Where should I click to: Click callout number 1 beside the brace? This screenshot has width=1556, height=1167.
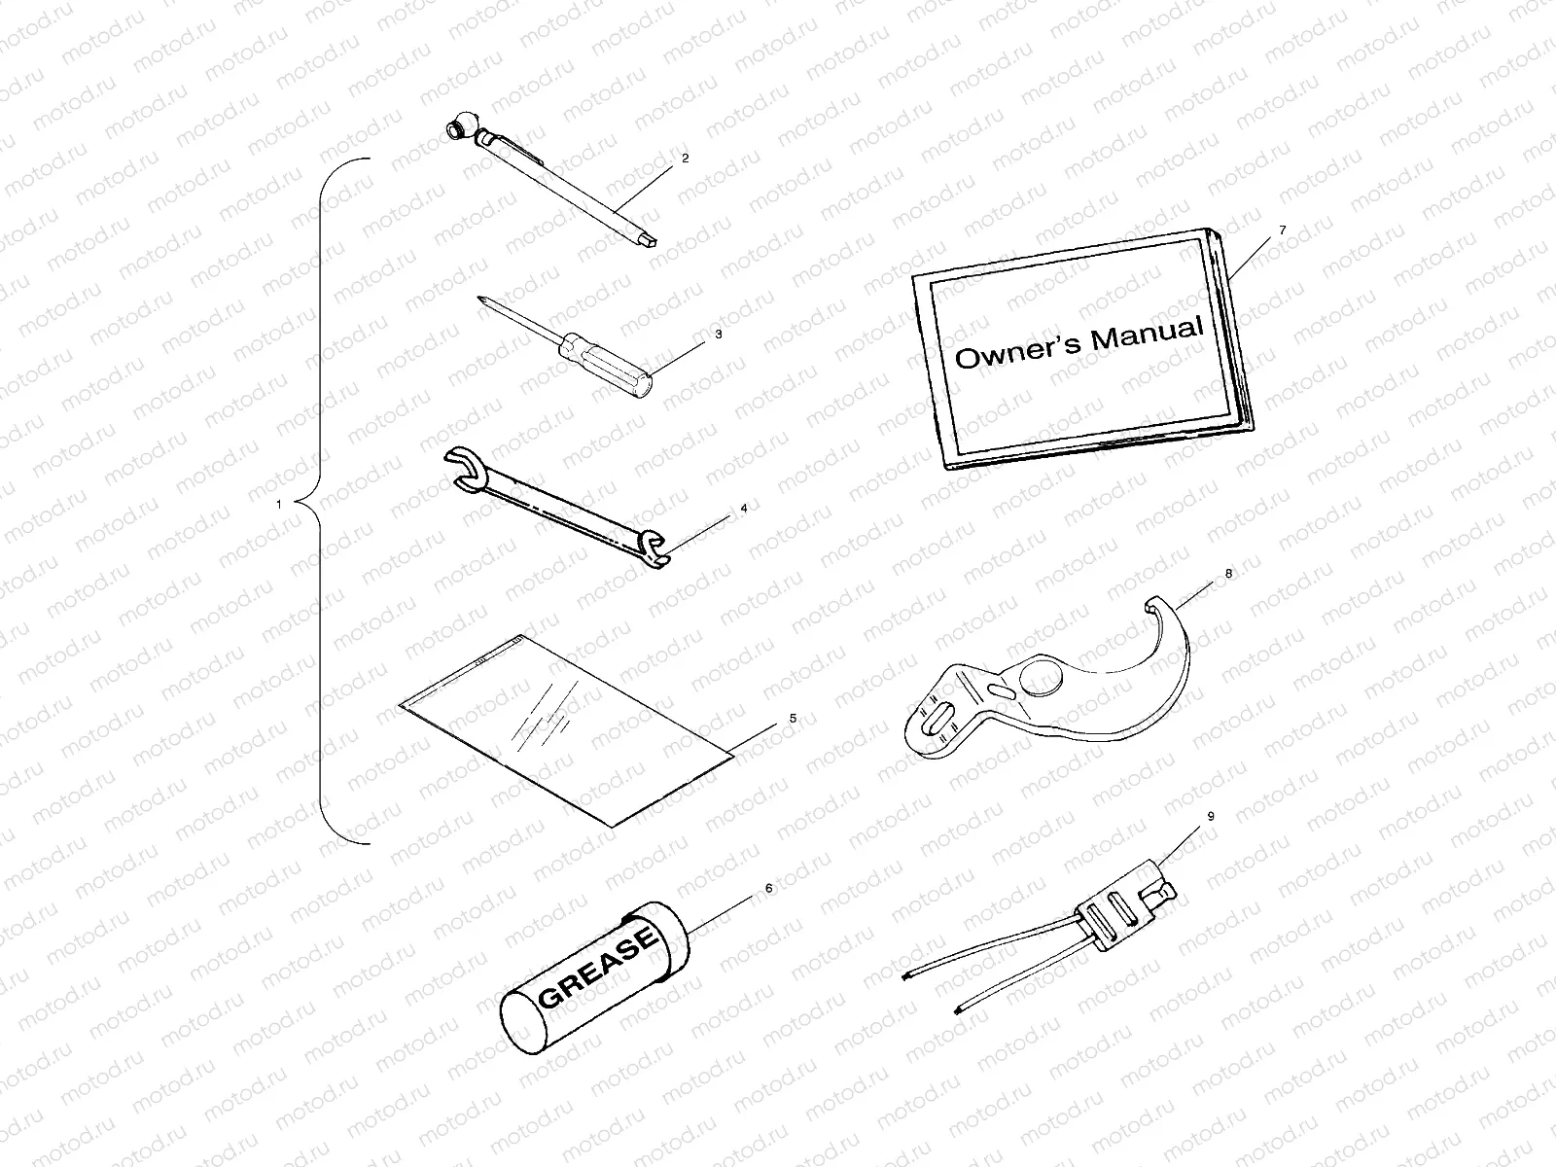point(279,505)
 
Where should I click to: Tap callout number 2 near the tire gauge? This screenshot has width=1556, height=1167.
point(685,158)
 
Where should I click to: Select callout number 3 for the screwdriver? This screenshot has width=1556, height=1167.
point(718,334)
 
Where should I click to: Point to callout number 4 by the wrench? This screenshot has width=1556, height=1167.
point(743,508)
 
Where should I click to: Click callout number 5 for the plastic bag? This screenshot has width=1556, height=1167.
point(793,718)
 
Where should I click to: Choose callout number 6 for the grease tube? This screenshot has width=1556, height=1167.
point(768,888)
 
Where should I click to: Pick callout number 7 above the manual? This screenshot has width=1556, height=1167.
point(1282,230)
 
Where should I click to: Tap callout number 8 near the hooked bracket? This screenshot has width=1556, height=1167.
point(1228,574)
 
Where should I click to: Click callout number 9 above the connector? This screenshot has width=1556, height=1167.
point(1211,817)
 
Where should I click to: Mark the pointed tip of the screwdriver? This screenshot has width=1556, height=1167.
point(482,297)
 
